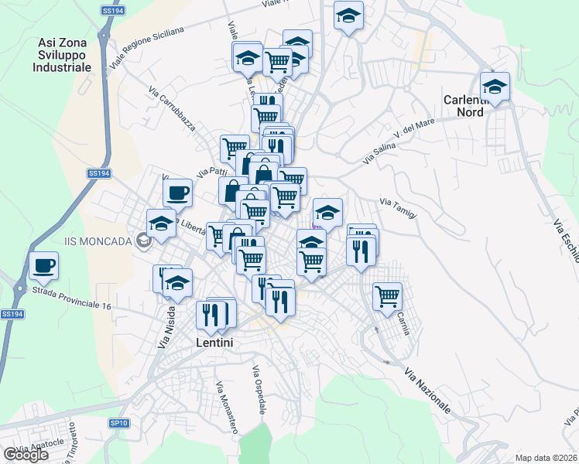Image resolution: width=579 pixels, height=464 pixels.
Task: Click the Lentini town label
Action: [215, 341]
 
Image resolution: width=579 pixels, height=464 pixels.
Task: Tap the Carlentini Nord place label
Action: [474, 106]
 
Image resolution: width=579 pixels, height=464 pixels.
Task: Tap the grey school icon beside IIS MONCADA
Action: [142, 241]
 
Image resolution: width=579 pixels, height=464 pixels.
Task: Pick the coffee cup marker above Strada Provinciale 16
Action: [43, 265]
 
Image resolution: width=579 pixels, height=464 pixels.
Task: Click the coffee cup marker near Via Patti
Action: [178, 193]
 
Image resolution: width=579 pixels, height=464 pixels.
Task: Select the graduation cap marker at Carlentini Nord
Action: [494, 85]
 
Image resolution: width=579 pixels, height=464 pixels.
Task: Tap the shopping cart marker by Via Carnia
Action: [387, 295]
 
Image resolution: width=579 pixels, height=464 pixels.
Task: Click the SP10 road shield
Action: [118, 423]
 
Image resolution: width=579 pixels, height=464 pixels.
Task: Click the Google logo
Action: [26, 455]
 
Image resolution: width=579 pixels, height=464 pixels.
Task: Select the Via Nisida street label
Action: [164, 326]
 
